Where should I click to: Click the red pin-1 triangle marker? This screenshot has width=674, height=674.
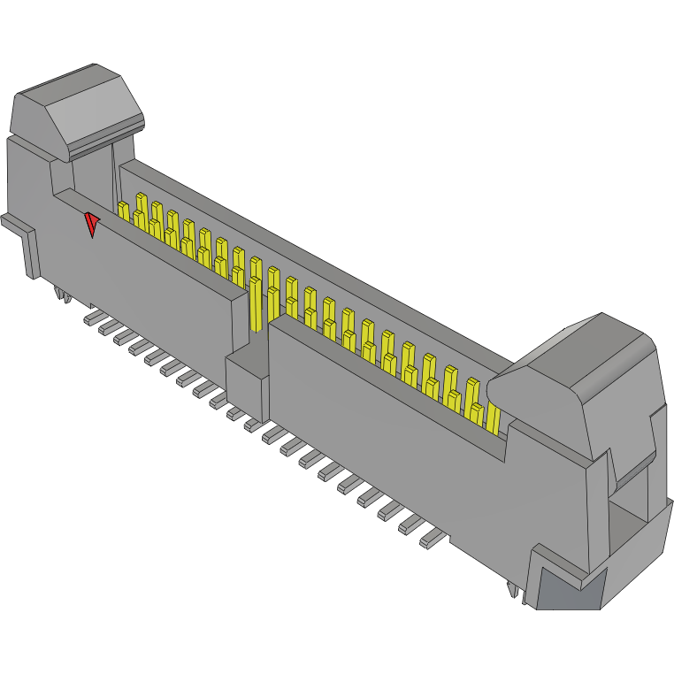(x=91, y=224)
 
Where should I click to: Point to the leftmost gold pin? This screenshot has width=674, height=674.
(x=123, y=212)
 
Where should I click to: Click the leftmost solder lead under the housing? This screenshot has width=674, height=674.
(x=92, y=316)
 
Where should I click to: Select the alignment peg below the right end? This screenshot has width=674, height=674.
(x=514, y=590)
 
